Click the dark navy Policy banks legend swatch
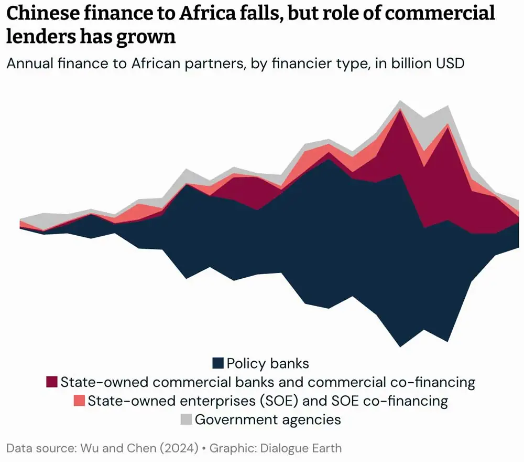click(218, 363)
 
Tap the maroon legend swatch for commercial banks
click(52, 382)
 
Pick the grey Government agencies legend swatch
click(186, 419)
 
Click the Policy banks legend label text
click(268, 363)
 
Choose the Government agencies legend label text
click(268, 419)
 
